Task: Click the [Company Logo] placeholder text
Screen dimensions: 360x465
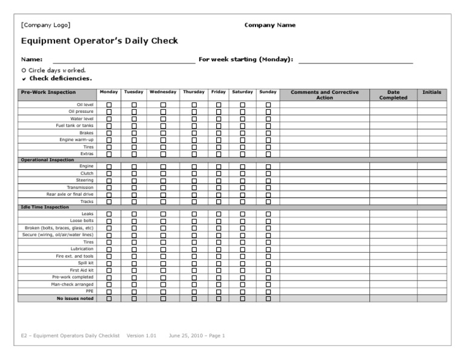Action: (x=45, y=25)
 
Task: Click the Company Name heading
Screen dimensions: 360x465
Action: (x=270, y=25)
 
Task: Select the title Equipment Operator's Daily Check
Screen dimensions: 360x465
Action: (x=99, y=41)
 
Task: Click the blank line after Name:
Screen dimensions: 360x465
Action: (x=124, y=60)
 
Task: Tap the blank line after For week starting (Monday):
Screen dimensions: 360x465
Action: (x=355, y=60)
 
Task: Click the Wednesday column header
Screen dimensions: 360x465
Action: (x=163, y=92)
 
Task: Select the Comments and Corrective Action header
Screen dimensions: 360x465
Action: (x=325, y=95)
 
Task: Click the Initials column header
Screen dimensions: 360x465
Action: (x=432, y=92)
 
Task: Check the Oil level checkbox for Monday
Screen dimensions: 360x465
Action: (x=109, y=105)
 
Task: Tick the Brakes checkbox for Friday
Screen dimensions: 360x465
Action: (x=219, y=133)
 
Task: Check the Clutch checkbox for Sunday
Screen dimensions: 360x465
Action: (x=268, y=173)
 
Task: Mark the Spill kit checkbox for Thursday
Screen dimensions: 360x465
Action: (x=194, y=263)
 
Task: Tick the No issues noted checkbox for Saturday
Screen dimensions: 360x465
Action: (x=243, y=298)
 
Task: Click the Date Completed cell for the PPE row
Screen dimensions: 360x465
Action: (x=393, y=291)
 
